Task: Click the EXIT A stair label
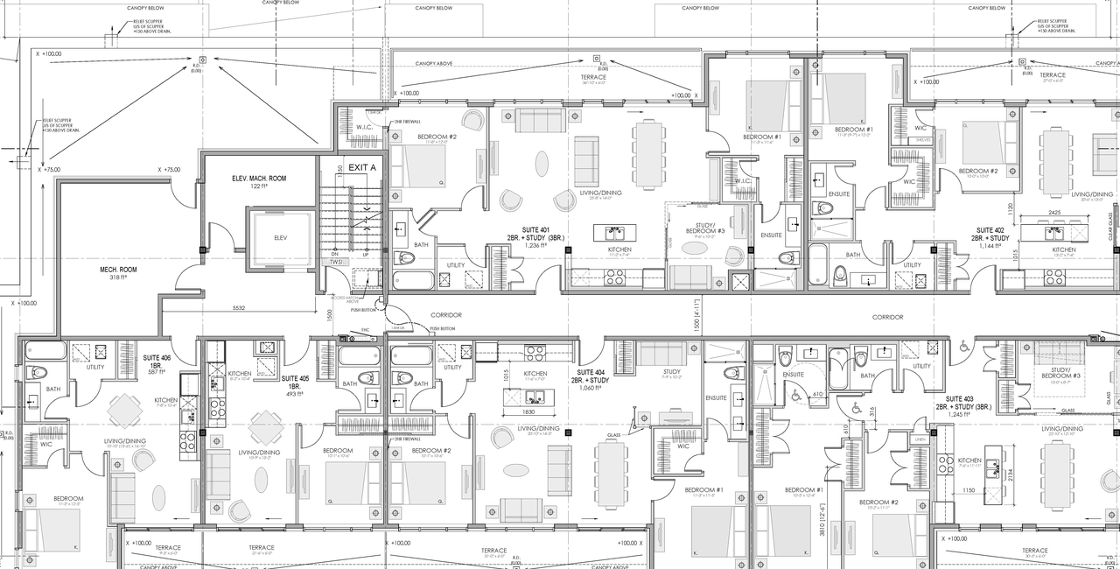click(362, 166)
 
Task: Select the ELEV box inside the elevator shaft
click(281, 237)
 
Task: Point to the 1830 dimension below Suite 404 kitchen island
click(529, 411)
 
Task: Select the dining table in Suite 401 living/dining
click(648, 154)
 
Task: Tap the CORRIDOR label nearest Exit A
click(445, 315)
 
